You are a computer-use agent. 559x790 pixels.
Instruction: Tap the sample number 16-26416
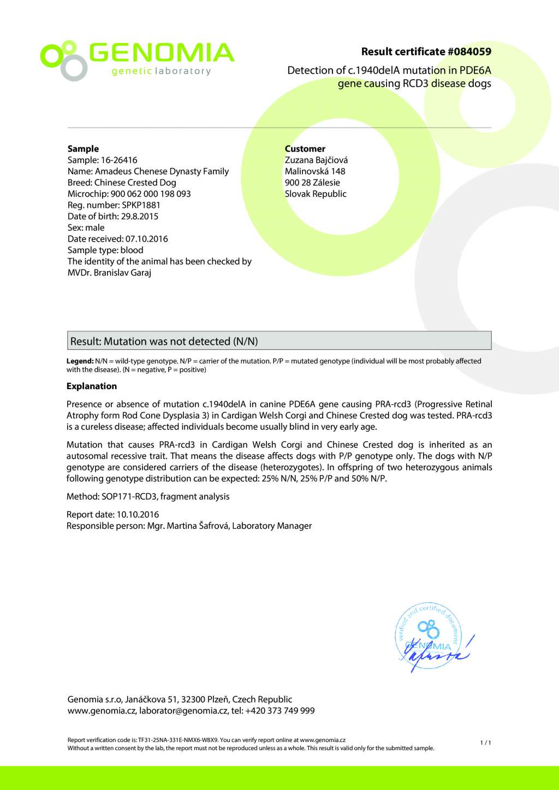[x=119, y=160]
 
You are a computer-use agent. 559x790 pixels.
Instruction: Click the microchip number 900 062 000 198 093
[x=151, y=194]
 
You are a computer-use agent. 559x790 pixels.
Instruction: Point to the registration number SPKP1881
[x=141, y=205]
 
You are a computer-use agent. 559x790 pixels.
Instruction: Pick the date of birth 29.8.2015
[x=140, y=217]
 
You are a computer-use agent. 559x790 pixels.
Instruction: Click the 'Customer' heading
[x=305, y=148]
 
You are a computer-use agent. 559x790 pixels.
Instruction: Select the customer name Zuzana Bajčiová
[x=316, y=160]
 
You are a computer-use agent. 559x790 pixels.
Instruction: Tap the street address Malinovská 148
[x=315, y=171]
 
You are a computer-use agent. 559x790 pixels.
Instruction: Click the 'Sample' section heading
[x=83, y=148]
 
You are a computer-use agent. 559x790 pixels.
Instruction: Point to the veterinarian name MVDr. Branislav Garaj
[x=109, y=273]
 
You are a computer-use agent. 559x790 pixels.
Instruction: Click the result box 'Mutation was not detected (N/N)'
[x=279, y=341]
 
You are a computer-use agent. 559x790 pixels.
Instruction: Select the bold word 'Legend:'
[x=80, y=361]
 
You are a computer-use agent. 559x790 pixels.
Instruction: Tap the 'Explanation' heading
[x=92, y=386]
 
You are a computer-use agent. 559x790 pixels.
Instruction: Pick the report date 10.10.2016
[x=138, y=514]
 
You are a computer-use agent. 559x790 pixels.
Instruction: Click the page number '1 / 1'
[x=485, y=743]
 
